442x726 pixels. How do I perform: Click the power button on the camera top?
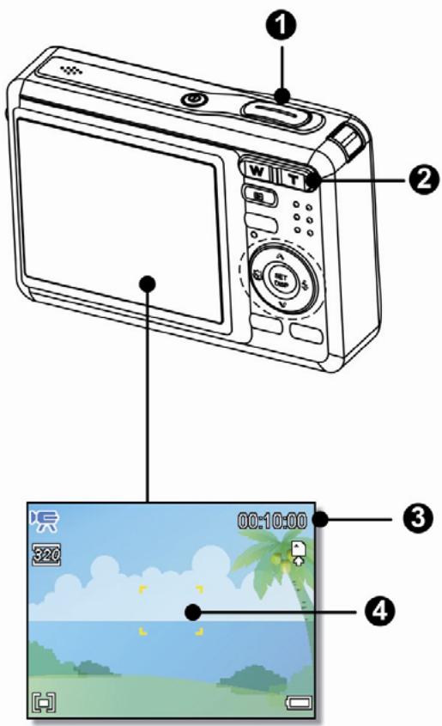click(x=196, y=100)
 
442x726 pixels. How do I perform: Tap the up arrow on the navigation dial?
click(x=280, y=256)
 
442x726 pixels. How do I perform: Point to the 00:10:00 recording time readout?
click(x=273, y=520)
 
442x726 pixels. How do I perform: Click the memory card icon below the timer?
click(x=298, y=549)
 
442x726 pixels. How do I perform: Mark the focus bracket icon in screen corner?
click(x=42, y=701)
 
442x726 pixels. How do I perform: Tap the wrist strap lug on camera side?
click(x=8, y=112)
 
